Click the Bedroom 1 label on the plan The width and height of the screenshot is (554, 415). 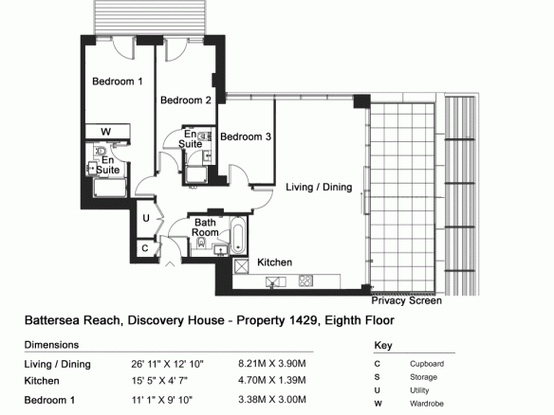(118, 81)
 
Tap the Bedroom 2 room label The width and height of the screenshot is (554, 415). (186, 100)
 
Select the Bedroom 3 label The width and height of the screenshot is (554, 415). (246, 136)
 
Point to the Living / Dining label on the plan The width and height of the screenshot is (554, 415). (319, 187)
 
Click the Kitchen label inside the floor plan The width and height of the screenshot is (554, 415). (274, 262)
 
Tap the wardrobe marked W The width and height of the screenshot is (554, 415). (108, 132)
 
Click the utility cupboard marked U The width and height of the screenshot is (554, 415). (146, 219)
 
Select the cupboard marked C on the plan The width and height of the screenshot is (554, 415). (145, 248)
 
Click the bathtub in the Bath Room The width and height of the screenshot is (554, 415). (238, 235)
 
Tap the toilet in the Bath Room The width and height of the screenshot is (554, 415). (201, 243)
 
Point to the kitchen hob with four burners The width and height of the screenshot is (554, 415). (305, 280)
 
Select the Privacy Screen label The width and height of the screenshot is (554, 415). (406, 300)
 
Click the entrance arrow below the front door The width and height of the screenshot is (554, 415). (170, 263)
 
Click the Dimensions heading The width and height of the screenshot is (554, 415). (51, 345)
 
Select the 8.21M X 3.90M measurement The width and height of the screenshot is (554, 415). (272, 364)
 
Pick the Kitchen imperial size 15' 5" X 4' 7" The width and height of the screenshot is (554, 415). (159, 381)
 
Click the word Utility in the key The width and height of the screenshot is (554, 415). (419, 390)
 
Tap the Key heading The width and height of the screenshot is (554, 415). (383, 346)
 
